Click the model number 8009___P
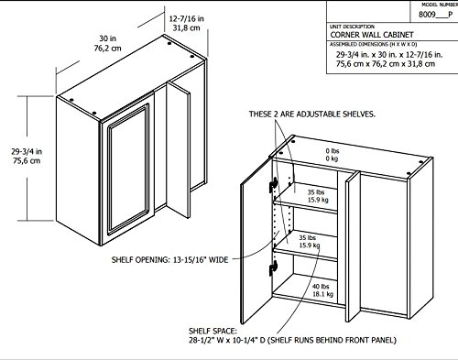[436, 15]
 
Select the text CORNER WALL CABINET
[372, 35]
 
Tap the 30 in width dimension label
[107, 38]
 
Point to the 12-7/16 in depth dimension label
[187, 19]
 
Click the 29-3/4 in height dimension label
[27, 151]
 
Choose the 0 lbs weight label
[333, 151]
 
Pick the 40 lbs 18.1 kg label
[322, 290]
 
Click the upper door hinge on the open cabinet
[274, 184]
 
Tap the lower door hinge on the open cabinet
[273, 268]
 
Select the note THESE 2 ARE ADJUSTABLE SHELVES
[312, 115]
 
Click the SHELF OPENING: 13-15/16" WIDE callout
[169, 260]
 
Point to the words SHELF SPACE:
[213, 331]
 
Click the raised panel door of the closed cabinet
[128, 169]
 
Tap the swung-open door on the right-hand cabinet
[256, 241]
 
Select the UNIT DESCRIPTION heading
[352, 27]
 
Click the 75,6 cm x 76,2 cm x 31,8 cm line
[386, 64]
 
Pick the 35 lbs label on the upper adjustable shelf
[316, 192]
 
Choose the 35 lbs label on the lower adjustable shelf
[308, 237]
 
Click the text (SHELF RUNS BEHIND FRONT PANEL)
[332, 340]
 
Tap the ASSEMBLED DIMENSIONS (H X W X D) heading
[374, 45]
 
